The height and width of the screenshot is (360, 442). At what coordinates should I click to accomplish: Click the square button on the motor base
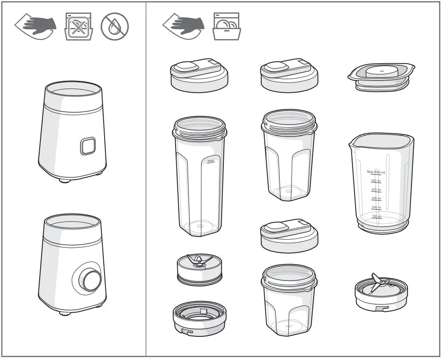[x=88, y=146]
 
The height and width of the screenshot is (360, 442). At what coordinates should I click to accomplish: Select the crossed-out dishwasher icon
[x=78, y=26]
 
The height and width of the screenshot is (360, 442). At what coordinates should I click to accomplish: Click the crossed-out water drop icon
[x=114, y=26]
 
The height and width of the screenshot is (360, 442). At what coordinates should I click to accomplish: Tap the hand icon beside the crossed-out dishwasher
[x=37, y=26]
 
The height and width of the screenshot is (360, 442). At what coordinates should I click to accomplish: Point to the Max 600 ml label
[x=376, y=172]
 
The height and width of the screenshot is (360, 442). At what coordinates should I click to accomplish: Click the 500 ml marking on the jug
[x=376, y=181]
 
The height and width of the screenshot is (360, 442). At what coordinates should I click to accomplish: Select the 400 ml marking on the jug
[x=376, y=190]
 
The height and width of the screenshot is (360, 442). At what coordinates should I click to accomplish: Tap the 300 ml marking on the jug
[x=376, y=199]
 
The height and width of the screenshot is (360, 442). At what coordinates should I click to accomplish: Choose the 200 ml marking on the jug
[x=376, y=207]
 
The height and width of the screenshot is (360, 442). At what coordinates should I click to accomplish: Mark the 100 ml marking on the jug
[x=376, y=216]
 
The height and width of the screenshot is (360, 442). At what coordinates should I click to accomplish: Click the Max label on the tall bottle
[x=211, y=161]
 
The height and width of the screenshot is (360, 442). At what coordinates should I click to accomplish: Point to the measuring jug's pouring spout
[x=354, y=142]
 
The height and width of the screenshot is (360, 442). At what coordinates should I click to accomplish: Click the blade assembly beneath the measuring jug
[x=381, y=292]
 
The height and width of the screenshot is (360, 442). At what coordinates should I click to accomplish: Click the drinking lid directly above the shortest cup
[x=289, y=234]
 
